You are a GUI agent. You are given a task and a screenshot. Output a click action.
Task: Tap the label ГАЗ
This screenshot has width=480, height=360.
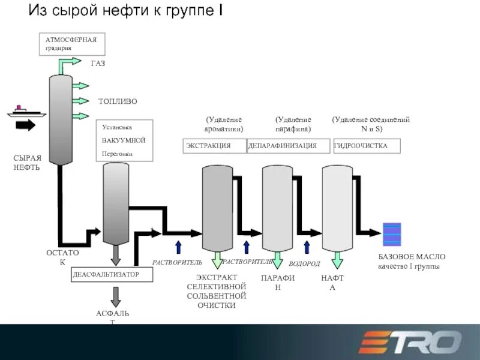click(x=98, y=64)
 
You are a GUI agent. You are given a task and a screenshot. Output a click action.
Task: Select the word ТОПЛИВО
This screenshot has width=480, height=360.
click(x=118, y=101)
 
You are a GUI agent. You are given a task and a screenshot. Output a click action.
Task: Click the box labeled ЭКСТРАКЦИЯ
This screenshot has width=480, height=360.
click(x=214, y=146)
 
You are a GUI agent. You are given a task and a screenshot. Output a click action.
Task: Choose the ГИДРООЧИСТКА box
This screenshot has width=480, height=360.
click(x=366, y=146)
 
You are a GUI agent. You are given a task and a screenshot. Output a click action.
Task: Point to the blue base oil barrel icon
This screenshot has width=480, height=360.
click(x=392, y=235)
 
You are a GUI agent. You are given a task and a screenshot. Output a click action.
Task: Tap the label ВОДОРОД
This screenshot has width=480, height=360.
click(x=304, y=264)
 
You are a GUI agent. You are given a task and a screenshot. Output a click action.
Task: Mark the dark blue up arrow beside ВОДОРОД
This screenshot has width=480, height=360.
click(x=307, y=247)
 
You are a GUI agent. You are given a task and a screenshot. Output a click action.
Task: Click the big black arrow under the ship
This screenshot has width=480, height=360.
click(x=26, y=125)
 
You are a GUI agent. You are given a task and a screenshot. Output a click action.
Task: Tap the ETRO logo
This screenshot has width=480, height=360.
click(x=410, y=343)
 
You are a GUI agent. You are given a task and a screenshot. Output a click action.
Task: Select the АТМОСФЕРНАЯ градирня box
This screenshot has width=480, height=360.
click(x=72, y=44)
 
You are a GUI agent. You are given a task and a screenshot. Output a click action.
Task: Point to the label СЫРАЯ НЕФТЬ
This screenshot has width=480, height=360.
click(x=28, y=163)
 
